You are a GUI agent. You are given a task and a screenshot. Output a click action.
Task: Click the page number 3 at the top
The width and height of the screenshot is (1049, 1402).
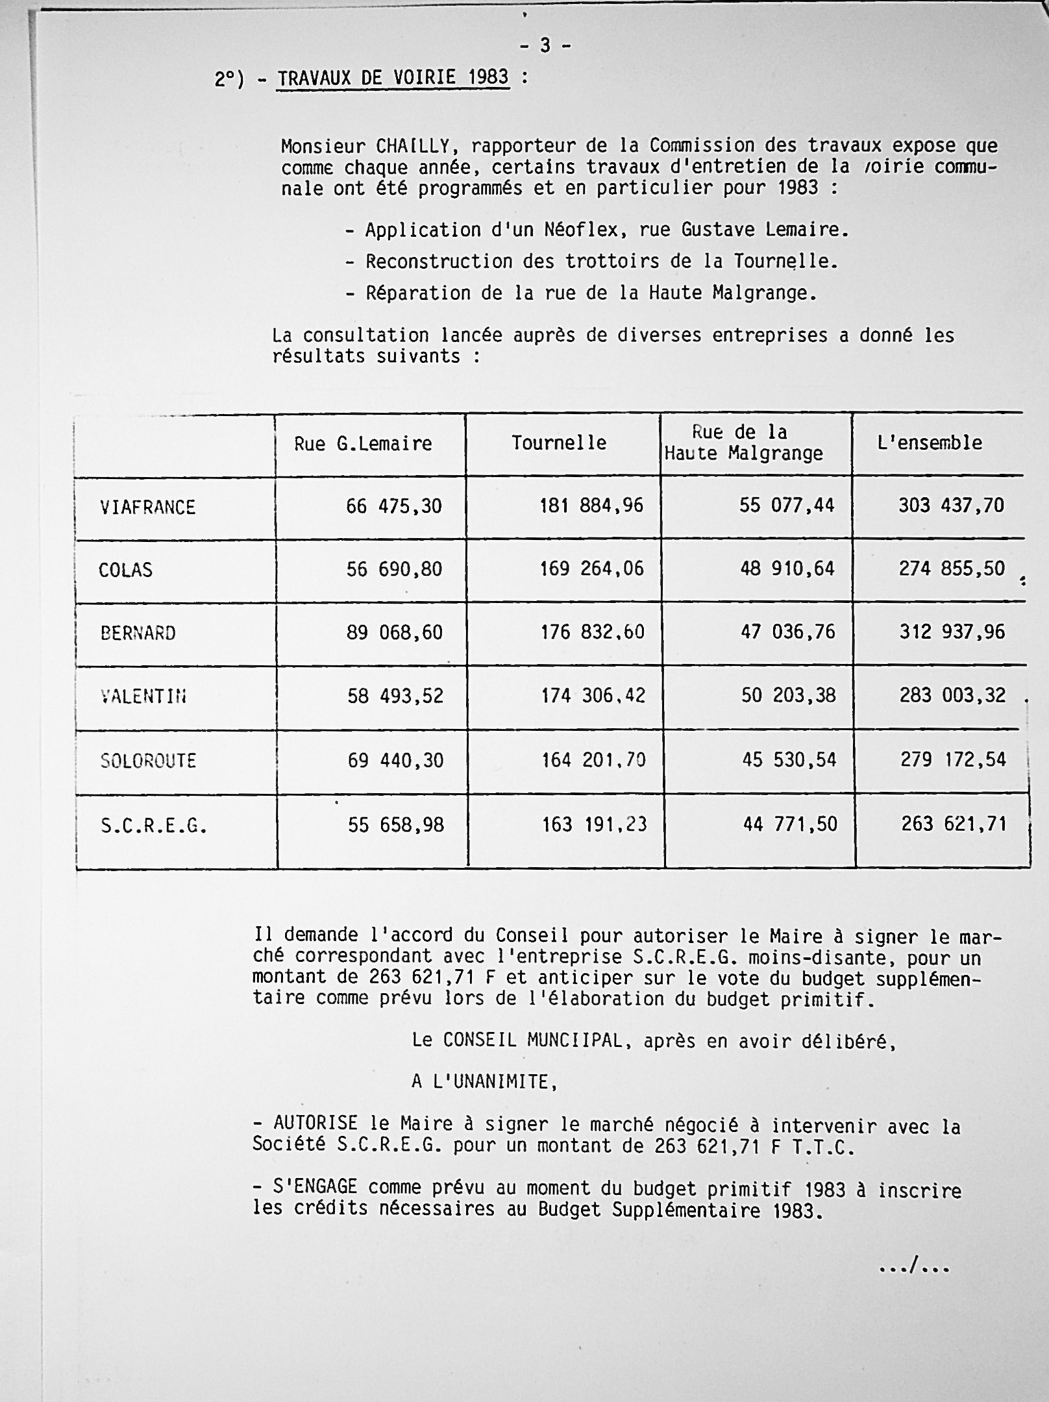(x=545, y=45)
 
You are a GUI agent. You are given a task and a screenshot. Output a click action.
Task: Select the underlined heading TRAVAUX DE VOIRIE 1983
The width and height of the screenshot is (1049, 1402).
(x=393, y=78)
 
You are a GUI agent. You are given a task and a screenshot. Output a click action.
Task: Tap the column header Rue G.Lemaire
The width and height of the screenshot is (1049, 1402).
(x=363, y=443)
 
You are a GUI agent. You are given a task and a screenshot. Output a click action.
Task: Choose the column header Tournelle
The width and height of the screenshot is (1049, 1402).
(x=559, y=443)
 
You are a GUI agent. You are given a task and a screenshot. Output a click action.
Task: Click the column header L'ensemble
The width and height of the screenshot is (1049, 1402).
(x=930, y=443)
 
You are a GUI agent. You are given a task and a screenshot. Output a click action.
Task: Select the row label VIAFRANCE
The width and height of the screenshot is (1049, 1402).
(x=147, y=507)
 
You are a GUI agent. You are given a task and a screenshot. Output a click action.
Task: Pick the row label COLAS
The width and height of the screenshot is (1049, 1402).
(x=125, y=570)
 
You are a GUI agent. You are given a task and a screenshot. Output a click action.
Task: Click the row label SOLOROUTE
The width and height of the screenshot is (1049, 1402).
(x=148, y=761)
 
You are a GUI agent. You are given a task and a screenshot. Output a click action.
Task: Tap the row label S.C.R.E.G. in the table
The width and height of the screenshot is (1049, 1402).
(x=154, y=826)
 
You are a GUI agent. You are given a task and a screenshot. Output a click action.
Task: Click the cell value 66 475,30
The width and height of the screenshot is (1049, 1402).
(x=394, y=506)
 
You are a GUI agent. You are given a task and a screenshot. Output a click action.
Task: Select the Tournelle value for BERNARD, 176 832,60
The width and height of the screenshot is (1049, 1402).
(x=593, y=632)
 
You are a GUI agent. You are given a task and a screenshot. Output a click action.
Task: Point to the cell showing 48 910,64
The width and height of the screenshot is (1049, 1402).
(x=787, y=569)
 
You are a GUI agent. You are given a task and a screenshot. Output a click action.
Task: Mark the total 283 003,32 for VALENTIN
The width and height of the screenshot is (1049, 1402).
(x=952, y=696)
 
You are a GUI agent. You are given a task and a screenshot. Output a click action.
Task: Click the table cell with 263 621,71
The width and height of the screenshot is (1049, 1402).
(x=954, y=824)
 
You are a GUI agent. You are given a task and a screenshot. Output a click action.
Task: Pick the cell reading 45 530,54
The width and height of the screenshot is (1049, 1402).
(x=789, y=759)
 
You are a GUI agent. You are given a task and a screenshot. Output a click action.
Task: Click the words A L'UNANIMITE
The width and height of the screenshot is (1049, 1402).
(x=484, y=1082)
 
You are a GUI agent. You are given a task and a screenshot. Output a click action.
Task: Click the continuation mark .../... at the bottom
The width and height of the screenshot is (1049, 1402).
(x=914, y=1266)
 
